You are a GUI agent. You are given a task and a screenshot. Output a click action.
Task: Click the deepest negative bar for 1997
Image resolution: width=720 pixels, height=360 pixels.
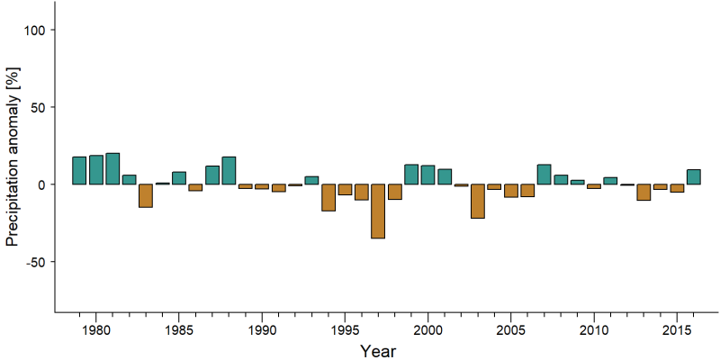click(378, 211)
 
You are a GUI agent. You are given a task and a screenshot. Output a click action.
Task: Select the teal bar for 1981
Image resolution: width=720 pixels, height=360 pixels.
click(112, 168)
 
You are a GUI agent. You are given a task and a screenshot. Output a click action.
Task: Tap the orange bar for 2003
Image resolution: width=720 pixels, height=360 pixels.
click(478, 201)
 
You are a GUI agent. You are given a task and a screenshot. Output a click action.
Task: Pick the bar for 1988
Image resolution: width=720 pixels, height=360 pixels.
click(229, 170)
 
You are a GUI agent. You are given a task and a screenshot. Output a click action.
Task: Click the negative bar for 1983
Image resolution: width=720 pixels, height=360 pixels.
click(146, 195)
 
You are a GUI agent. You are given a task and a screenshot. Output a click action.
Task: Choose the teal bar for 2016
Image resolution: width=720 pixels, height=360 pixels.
click(693, 176)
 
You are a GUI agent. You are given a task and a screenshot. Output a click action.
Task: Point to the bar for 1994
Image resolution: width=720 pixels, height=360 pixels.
click(328, 197)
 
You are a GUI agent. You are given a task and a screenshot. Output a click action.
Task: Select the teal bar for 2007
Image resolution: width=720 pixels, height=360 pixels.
click(544, 175)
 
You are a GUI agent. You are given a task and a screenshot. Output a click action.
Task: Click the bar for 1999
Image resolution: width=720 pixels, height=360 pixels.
click(411, 175)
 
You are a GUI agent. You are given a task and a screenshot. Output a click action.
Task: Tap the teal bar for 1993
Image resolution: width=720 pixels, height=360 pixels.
click(311, 181)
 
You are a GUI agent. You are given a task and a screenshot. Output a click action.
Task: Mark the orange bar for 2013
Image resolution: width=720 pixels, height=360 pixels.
click(643, 193)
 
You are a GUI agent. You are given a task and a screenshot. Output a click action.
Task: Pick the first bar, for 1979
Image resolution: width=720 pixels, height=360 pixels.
click(79, 170)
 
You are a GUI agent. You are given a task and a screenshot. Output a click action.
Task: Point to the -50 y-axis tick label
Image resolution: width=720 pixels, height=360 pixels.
click(34, 262)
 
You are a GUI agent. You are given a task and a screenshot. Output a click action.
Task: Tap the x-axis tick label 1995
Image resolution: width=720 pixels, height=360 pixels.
click(345, 330)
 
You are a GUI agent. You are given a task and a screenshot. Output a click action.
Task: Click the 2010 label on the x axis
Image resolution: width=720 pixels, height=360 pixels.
click(594, 330)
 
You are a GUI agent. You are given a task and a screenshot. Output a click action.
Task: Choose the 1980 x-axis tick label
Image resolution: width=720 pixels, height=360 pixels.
click(96, 330)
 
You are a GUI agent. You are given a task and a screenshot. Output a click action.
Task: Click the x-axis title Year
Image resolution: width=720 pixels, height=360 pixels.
click(377, 351)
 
